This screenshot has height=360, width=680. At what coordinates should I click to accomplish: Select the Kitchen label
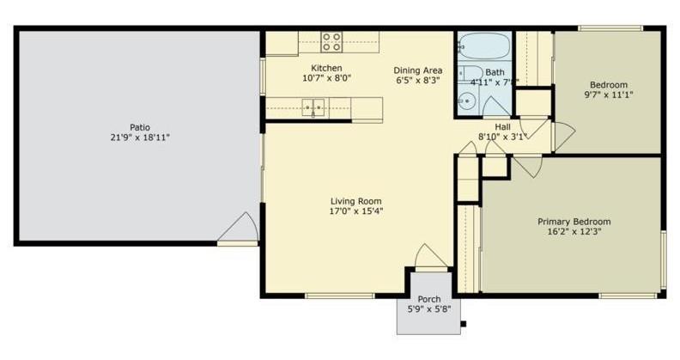click(x=326, y=68)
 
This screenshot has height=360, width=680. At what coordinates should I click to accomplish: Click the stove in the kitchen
click(x=331, y=42)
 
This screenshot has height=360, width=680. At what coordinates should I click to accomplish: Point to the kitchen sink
click(x=313, y=107)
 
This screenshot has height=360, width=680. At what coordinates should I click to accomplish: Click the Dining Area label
click(x=417, y=70)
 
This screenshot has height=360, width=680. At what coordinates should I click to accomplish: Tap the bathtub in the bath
click(x=483, y=45)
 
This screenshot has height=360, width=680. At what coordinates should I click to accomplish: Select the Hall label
click(x=502, y=126)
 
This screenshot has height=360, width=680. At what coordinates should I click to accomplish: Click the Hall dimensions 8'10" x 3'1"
click(x=502, y=137)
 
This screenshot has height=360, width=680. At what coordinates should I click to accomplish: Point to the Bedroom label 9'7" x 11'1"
click(x=608, y=84)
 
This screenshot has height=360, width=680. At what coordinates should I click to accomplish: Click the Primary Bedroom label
click(x=574, y=221)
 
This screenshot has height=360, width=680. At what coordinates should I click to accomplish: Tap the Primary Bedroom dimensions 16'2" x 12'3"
click(x=574, y=232)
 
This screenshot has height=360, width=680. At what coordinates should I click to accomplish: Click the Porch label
click(x=429, y=299)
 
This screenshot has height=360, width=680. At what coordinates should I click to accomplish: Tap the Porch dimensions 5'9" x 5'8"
click(x=429, y=310)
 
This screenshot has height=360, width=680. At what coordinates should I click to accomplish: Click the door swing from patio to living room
click(x=240, y=229)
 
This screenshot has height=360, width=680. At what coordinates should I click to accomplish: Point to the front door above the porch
click(x=430, y=257)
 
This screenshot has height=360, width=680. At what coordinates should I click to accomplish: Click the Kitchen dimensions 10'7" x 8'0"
click(x=326, y=78)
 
